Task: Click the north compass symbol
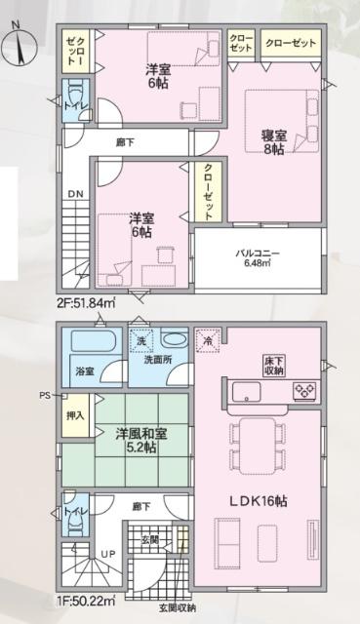[x=21, y=44]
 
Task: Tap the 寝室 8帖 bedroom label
[x=273, y=143]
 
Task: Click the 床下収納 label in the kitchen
[x=274, y=366]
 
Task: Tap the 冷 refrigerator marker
[x=207, y=342]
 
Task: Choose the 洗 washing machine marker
[x=140, y=341]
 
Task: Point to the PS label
[x=43, y=396]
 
